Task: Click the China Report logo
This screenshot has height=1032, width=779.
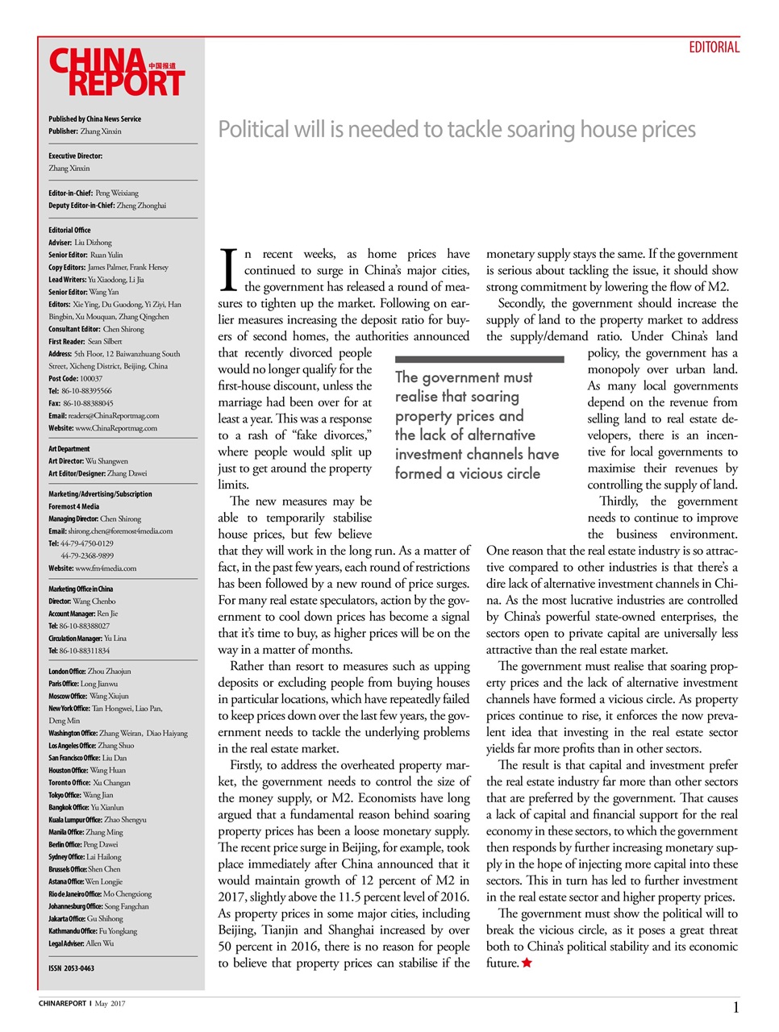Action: (x=117, y=73)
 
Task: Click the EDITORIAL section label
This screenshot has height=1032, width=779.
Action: (x=713, y=48)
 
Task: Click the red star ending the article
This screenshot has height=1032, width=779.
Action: (x=527, y=963)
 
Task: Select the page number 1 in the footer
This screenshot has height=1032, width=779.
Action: (x=735, y=1007)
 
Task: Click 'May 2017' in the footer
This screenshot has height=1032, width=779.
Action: (x=110, y=1004)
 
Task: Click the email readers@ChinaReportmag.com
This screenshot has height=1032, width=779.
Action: (x=113, y=416)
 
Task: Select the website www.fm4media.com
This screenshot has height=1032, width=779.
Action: (x=106, y=568)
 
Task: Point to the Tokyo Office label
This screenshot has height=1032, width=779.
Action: (x=65, y=795)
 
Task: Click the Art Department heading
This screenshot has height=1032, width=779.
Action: (x=69, y=449)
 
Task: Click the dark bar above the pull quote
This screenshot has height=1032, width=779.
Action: (x=479, y=360)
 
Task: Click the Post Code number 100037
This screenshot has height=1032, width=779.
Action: (x=91, y=378)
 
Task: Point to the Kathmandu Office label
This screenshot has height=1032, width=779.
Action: (x=73, y=931)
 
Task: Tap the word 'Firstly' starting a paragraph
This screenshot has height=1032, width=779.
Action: (x=245, y=765)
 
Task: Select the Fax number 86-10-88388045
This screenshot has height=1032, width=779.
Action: (x=87, y=403)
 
